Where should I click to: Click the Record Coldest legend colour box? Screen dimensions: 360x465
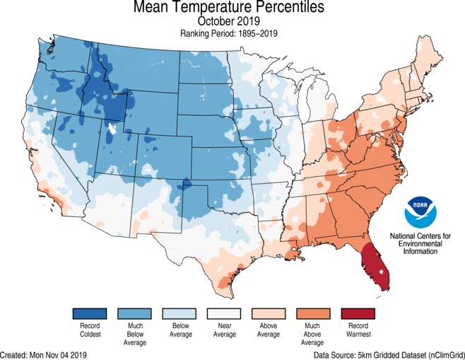89,313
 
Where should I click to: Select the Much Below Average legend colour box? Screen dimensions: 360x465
134,313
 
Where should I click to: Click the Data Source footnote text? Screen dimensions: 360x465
389,354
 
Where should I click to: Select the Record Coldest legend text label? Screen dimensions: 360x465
89,330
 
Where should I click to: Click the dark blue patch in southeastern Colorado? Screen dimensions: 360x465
187,185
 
